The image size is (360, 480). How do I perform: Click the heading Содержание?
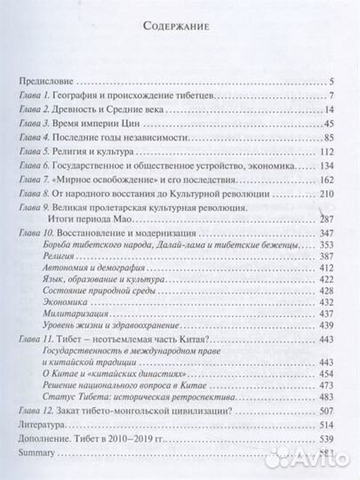pos(180,27)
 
